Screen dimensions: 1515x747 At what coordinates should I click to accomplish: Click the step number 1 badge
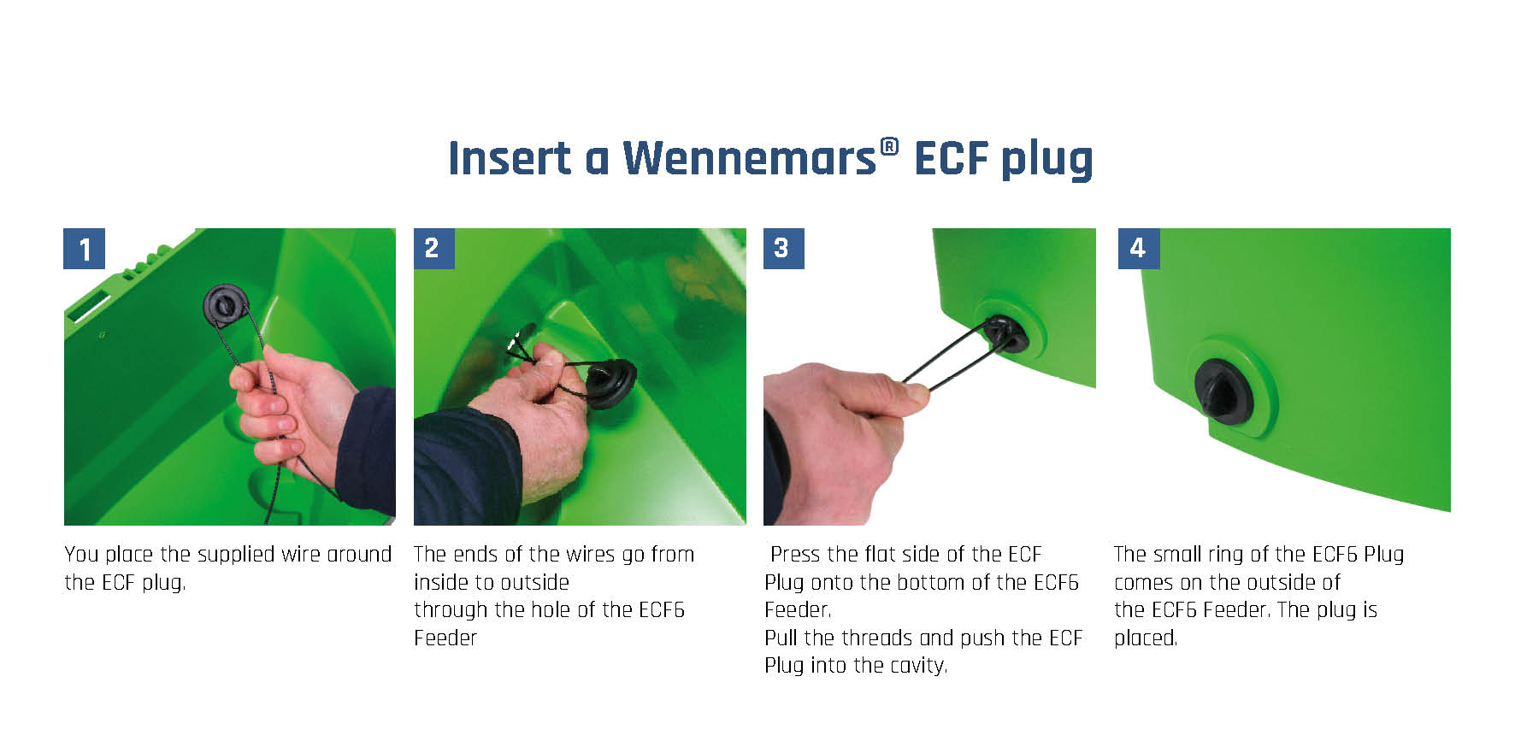point(85,249)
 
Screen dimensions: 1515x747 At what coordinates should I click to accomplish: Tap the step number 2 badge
point(433,249)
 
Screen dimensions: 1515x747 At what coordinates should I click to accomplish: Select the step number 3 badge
point(783,249)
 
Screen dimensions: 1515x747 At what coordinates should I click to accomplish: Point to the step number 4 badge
point(1139,249)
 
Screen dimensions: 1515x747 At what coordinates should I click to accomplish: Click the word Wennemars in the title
point(749,159)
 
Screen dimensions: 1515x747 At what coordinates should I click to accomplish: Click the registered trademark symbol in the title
point(889,147)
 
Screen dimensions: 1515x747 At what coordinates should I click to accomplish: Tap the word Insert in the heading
point(510,159)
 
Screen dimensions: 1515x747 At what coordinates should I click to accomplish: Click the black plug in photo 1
point(227,306)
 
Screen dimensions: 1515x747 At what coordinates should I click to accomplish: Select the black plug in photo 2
point(610,384)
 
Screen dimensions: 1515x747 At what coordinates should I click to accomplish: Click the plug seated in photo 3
point(1005,334)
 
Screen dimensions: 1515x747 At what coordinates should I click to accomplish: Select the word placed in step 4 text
point(1145,638)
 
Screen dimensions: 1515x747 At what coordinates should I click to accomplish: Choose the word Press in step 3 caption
point(795,555)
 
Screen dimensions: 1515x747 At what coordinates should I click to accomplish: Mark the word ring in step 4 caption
point(1226,556)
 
